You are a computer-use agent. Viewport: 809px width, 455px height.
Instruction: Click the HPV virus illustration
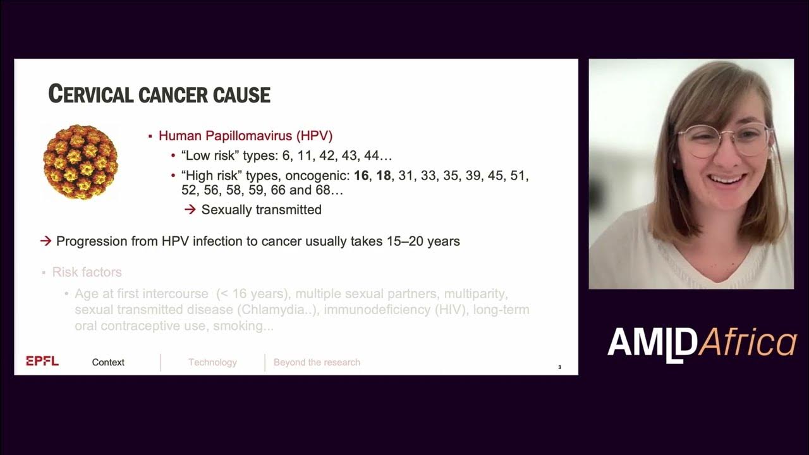coord(80,162)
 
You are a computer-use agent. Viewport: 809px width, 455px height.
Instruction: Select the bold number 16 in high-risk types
coord(361,176)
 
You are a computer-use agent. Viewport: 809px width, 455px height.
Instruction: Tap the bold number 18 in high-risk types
coord(383,176)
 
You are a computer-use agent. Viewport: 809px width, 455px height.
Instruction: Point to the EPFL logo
coord(42,361)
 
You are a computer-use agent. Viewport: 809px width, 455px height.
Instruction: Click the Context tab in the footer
coord(108,362)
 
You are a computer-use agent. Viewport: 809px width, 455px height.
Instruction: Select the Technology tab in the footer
coord(212,362)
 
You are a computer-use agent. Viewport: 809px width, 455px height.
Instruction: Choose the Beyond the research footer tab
coord(317,362)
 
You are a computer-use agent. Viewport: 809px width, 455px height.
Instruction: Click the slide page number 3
coord(559,367)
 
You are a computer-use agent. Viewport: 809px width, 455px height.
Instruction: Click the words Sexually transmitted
coord(261,209)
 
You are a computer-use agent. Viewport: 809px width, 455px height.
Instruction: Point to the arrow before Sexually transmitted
coord(190,209)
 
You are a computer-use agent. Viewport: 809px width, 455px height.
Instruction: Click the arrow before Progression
coord(46,241)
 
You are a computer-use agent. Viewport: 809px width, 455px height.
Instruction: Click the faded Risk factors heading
coord(87,272)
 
